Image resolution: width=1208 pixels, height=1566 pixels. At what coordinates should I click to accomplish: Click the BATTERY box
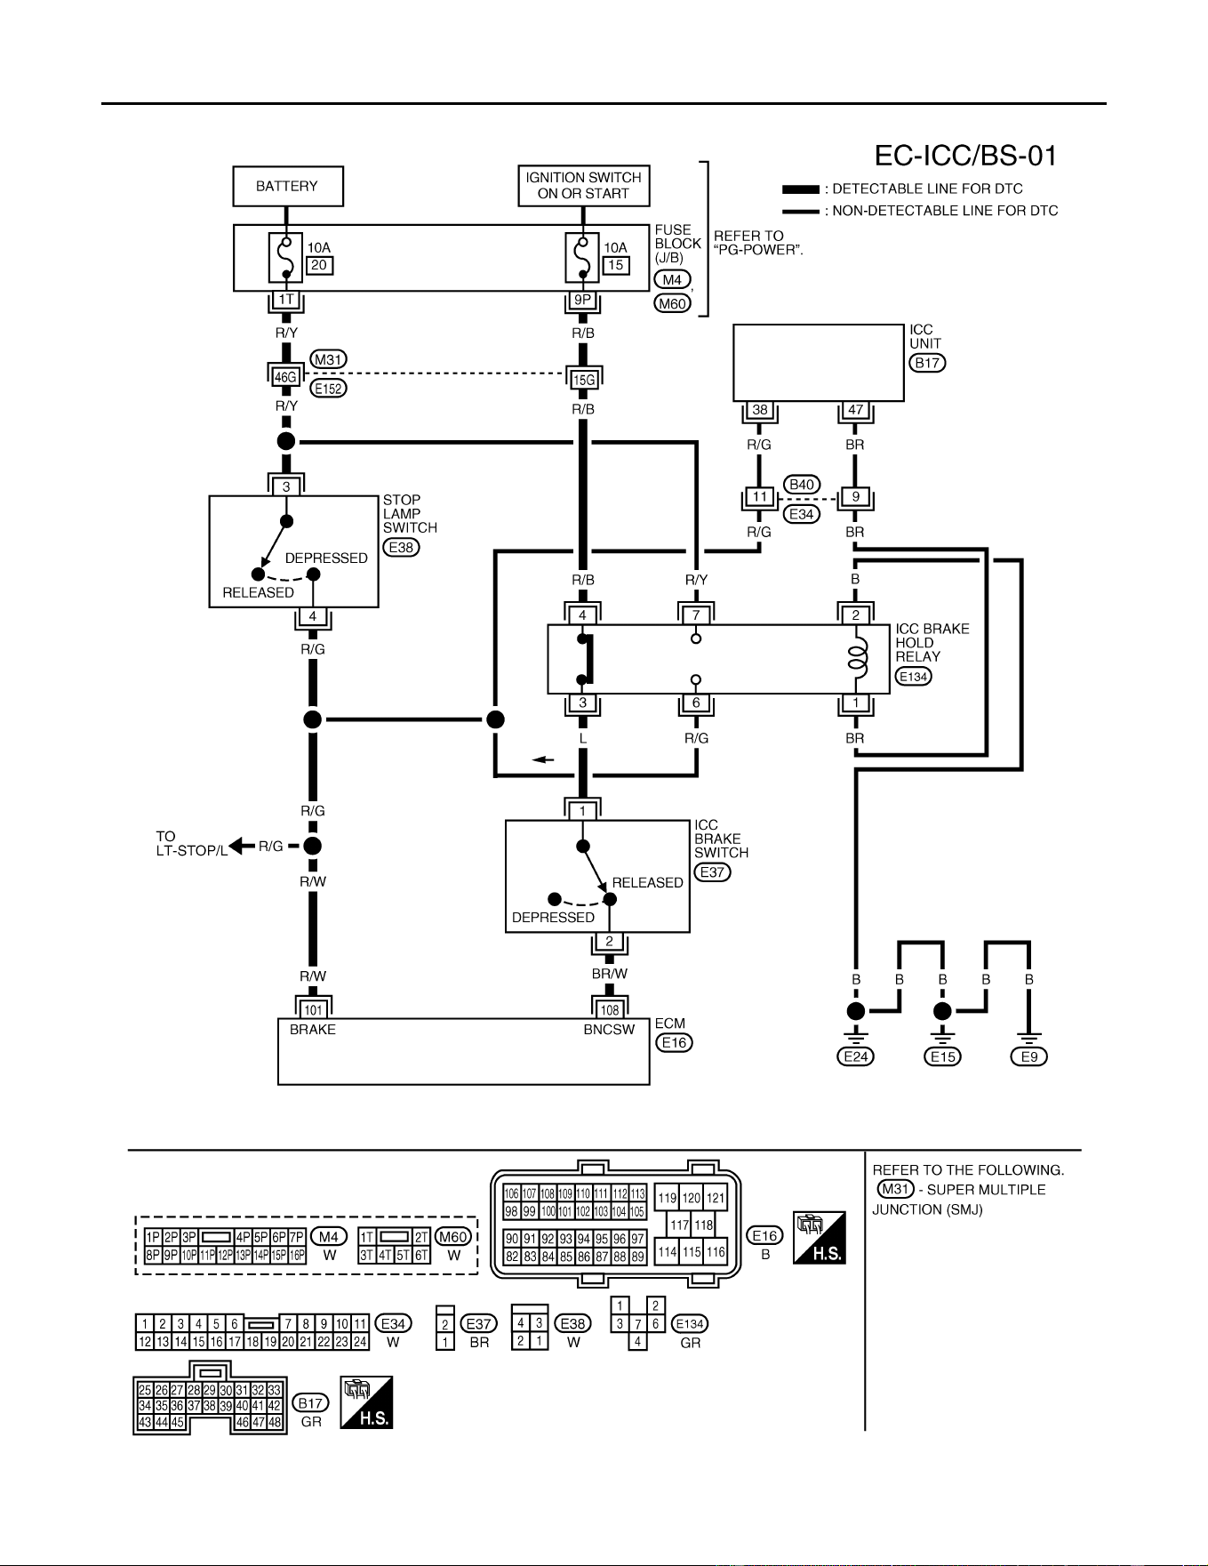[x=286, y=187]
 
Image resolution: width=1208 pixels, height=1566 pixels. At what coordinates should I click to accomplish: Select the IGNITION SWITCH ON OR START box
[x=583, y=187]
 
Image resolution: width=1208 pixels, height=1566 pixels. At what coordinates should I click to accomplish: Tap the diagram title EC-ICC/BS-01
[x=965, y=156]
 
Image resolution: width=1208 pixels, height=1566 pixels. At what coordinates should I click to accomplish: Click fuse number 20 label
[x=319, y=265]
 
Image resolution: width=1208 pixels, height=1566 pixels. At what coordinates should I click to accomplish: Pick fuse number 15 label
[x=615, y=265]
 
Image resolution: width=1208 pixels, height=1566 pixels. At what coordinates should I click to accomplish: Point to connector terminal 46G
[x=285, y=376]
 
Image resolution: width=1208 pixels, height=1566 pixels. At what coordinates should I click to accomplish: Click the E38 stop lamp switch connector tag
[x=402, y=548]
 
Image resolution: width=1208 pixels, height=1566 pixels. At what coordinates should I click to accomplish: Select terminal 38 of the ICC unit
[x=759, y=411]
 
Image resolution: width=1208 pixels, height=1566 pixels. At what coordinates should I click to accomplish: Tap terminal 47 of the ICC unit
[x=855, y=411]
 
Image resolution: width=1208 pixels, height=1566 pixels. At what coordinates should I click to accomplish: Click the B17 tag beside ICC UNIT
[x=927, y=363]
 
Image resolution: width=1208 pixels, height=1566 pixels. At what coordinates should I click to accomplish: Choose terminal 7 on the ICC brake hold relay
[x=696, y=615]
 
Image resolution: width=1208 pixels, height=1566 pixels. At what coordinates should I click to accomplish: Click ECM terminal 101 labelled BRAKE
[x=313, y=1010]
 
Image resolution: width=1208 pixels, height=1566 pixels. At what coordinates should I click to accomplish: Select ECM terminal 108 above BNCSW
[x=609, y=1010]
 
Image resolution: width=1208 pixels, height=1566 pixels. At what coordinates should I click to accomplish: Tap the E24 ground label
[x=855, y=1056]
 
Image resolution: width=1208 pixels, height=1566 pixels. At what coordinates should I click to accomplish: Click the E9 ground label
[x=1029, y=1056]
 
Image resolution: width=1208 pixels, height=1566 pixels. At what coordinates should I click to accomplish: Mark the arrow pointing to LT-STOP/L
[x=240, y=846]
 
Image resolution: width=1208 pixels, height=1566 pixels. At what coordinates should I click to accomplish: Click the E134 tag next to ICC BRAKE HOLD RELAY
[x=914, y=677]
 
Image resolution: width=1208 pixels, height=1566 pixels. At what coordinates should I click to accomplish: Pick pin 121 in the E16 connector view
[x=716, y=1198]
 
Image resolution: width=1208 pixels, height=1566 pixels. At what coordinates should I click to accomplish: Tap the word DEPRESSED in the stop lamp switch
[x=326, y=558]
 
